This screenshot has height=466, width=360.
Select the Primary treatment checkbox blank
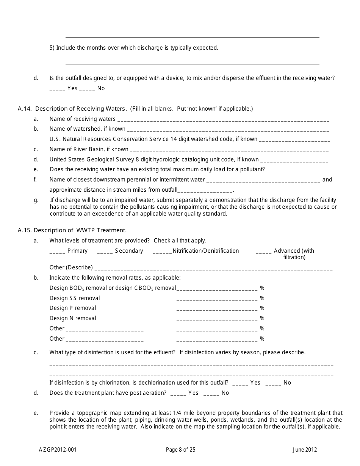click(57, 251)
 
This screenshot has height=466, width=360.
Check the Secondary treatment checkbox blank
click(105, 251)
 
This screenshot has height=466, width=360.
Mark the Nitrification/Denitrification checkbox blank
click(162, 251)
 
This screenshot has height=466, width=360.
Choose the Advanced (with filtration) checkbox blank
click(264, 251)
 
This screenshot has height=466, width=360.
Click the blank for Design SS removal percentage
click(217, 299)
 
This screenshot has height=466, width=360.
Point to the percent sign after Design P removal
click(262, 308)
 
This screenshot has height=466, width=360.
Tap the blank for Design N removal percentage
click(217, 319)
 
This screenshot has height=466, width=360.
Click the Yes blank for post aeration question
click(178, 394)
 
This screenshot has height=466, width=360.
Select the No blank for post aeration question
click(211, 394)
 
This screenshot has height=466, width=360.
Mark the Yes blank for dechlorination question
click(240, 383)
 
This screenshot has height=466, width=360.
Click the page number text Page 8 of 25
click(181, 450)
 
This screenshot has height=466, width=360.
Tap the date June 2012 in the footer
click(305, 450)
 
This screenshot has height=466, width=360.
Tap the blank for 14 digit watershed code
click(294, 140)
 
